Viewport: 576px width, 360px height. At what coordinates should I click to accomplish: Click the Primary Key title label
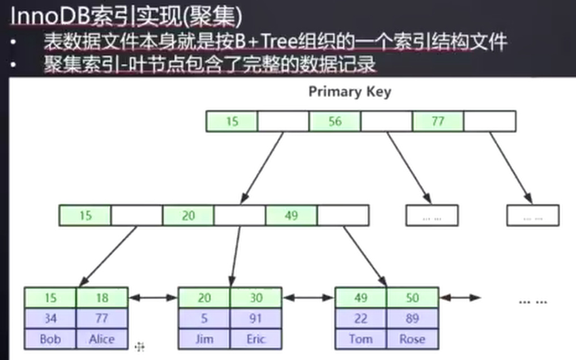click(349, 92)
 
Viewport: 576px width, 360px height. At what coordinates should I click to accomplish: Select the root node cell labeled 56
click(335, 121)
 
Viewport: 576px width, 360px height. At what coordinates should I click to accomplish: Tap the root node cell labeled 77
click(438, 121)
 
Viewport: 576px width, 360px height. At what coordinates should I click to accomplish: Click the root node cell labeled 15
click(232, 121)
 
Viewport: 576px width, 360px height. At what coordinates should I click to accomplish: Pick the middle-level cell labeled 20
click(188, 216)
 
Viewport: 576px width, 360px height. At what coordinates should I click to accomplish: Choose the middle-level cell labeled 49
click(291, 216)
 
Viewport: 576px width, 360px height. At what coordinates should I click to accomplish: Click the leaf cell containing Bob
click(50, 339)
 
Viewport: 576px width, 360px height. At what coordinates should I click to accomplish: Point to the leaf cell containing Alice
click(102, 339)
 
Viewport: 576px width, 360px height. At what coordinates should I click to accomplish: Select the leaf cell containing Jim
click(204, 339)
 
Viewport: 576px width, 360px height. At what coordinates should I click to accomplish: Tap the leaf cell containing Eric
click(256, 339)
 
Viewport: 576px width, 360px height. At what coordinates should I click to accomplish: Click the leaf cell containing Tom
click(361, 339)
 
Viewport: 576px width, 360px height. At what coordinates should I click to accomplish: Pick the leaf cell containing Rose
click(412, 339)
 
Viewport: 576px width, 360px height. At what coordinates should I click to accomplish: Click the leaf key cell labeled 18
click(102, 298)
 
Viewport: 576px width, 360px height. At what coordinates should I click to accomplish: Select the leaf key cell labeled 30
click(256, 298)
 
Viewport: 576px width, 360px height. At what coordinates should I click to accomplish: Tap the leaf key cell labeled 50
click(412, 298)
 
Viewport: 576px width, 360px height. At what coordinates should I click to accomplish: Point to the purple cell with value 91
click(256, 319)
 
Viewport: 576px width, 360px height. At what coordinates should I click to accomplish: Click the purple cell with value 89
click(412, 319)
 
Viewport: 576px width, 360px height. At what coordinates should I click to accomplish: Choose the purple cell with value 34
click(50, 319)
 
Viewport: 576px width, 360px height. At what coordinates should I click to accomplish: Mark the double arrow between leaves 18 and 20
click(153, 298)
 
